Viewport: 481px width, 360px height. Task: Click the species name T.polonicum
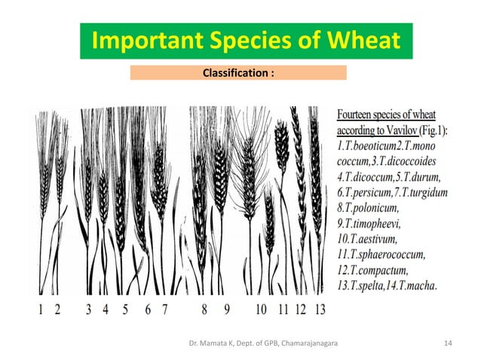click(369, 208)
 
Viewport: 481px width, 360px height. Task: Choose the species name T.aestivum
click(369, 239)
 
